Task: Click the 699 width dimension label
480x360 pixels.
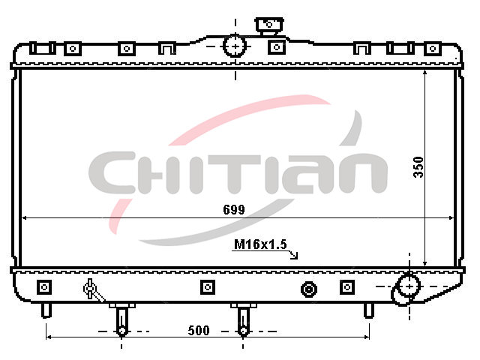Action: tap(234, 210)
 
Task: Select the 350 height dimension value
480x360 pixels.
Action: tap(418, 167)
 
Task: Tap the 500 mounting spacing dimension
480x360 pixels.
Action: tap(199, 330)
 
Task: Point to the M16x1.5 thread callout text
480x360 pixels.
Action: tap(260, 244)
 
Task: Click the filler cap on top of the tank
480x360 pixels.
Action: tap(269, 25)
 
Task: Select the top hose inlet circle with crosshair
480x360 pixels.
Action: tap(235, 46)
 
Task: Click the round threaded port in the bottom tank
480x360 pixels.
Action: tap(309, 289)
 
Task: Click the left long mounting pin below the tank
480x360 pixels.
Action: tap(121, 320)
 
